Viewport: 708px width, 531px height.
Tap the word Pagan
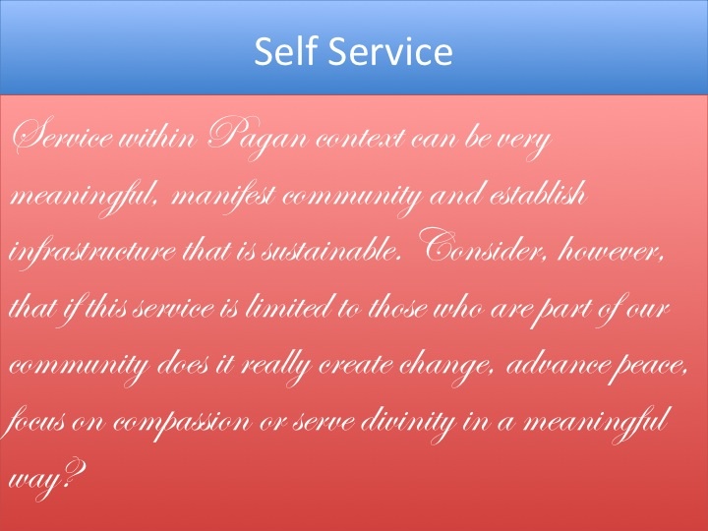click(258, 138)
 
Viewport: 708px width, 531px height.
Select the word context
click(360, 139)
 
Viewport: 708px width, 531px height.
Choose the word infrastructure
click(92, 252)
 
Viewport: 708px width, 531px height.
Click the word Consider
click(480, 247)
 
